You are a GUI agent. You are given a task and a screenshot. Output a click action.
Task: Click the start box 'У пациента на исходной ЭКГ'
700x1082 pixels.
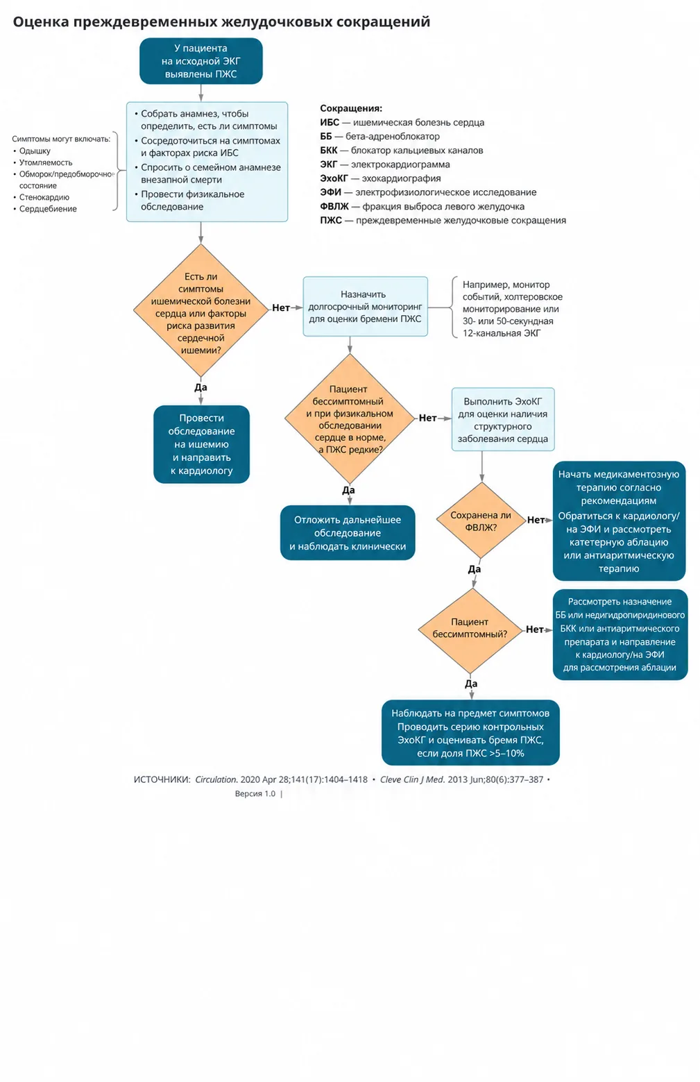point(200,61)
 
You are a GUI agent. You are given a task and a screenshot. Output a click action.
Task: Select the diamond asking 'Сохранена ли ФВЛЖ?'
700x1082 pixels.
point(481,521)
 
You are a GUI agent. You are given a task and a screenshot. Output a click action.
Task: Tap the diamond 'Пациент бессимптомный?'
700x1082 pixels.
point(470,630)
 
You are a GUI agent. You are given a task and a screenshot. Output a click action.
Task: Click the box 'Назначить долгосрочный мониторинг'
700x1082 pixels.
point(365,306)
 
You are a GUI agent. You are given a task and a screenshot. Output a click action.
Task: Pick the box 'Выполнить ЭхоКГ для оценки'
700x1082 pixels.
point(502,419)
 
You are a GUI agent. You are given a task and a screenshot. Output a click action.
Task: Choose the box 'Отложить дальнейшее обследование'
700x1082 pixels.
point(348,533)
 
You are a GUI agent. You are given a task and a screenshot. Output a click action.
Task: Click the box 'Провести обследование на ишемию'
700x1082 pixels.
point(201,444)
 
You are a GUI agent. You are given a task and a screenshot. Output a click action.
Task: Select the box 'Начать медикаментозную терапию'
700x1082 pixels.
point(619,521)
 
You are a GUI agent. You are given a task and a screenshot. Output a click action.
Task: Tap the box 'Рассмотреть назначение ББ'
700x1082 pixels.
point(620,635)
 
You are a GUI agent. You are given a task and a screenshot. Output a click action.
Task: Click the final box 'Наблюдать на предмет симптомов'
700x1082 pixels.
point(470,733)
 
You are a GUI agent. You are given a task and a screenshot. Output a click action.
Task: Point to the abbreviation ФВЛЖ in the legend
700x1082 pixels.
point(334,207)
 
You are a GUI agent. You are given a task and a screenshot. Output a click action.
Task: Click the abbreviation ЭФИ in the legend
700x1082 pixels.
point(331,193)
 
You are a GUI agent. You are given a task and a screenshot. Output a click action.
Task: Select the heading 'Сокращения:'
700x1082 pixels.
point(351,109)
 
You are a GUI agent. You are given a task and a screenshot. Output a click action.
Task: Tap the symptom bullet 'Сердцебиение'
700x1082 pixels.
point(48,209)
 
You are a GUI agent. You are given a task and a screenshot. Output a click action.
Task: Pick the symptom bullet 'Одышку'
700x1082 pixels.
point(35,151)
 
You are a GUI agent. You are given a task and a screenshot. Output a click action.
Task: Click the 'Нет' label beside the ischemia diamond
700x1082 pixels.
point(281,307)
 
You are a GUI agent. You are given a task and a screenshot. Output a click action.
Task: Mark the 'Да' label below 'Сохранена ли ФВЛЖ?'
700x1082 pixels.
point(474,569)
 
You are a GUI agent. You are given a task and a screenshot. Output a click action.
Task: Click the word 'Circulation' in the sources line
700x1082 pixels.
point(216,779)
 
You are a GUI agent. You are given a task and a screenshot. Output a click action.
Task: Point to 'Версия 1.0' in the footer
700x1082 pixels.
point(255,793)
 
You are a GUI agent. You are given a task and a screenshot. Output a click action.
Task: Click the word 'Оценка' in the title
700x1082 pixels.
point(41,22)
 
